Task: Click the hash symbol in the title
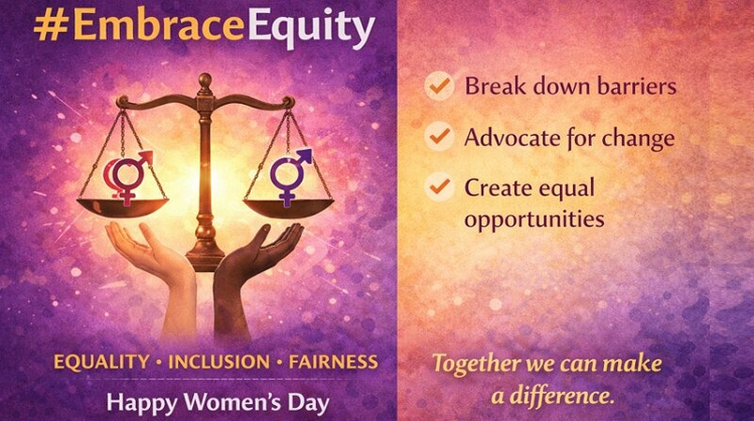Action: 47,28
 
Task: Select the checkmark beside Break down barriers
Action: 437,87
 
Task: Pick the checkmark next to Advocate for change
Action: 437,138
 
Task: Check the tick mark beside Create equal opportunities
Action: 437,187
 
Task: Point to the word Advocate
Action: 513,138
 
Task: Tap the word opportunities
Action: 534,219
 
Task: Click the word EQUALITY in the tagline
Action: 101,361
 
